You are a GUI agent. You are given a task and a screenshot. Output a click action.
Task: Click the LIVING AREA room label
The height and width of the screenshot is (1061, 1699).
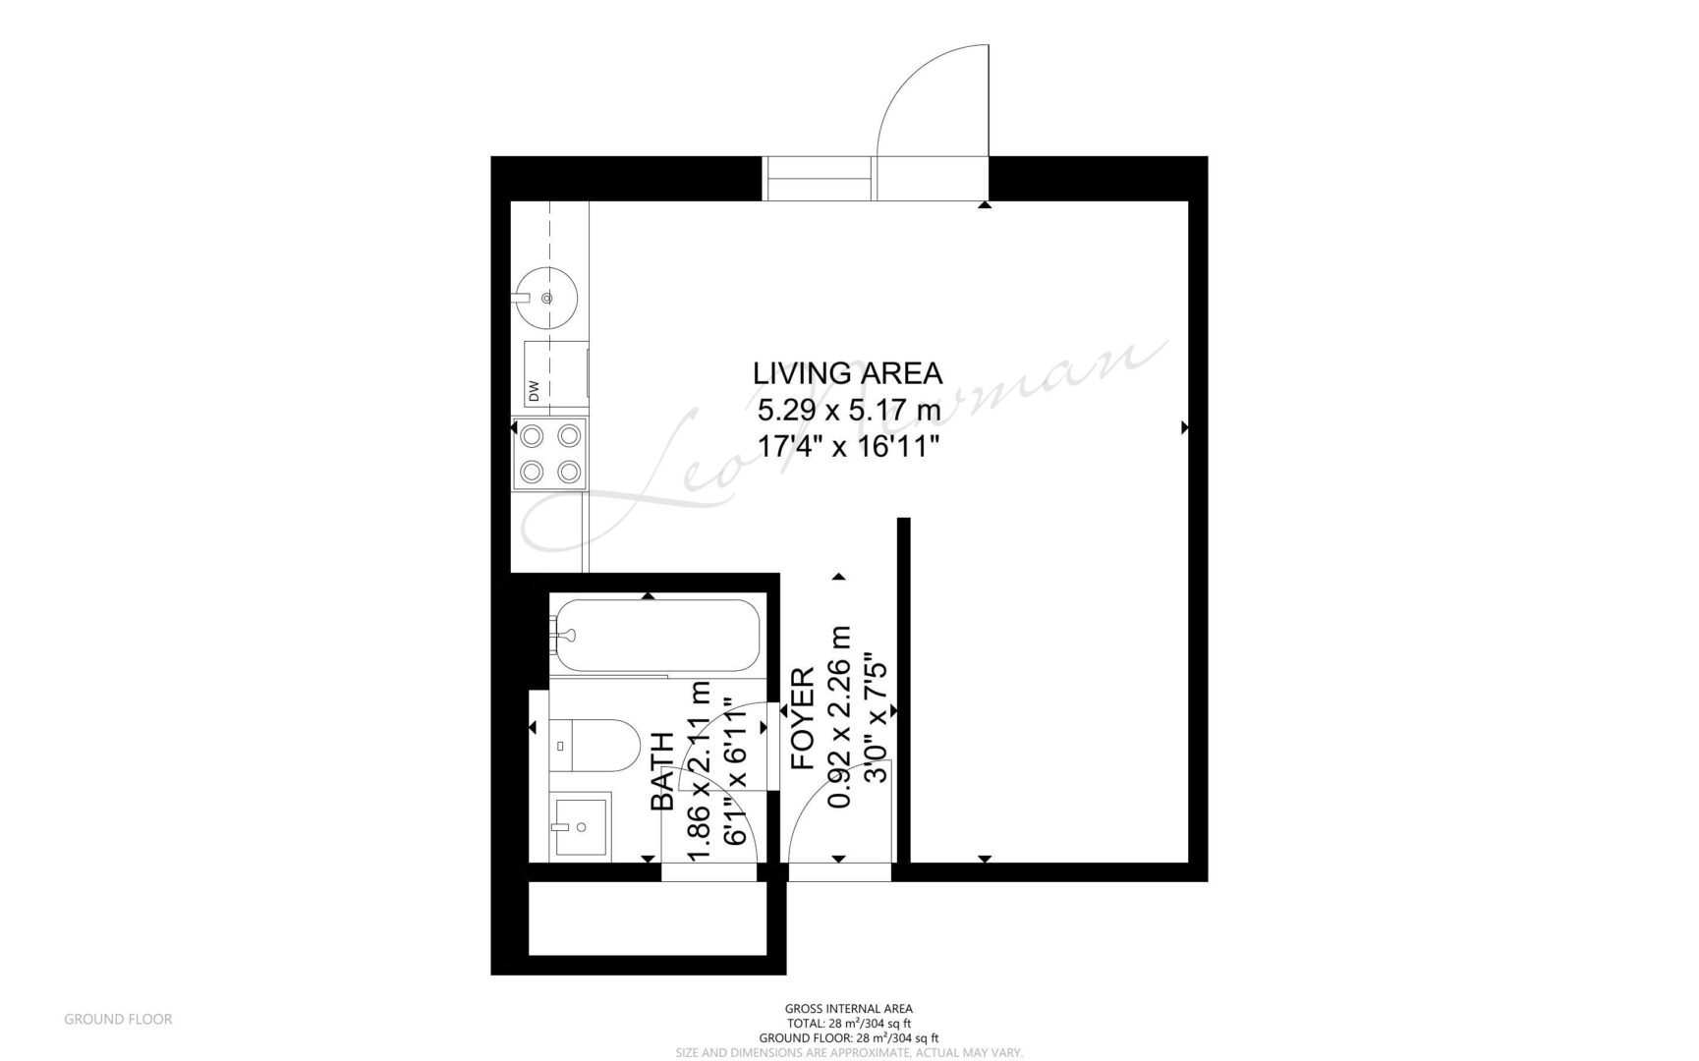[x=847, y=373]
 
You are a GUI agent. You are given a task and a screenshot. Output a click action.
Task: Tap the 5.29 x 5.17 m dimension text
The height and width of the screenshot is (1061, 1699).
[x=849, y=409]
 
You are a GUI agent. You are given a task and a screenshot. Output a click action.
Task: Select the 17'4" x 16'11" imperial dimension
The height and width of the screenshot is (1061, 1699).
[x=849, y=445]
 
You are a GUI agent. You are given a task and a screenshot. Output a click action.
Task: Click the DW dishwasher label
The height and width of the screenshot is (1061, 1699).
[x=535, y=390]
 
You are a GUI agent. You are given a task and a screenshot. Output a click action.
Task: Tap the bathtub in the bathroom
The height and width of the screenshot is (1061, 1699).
[x=654, y=636]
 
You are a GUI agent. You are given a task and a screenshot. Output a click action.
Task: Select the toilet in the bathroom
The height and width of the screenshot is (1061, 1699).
[x=595, y=747]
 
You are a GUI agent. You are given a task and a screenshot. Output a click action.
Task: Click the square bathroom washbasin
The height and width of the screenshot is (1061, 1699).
[x=580, y=826]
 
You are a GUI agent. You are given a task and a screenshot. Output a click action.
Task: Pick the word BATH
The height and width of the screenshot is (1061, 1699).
[x=663, y=772]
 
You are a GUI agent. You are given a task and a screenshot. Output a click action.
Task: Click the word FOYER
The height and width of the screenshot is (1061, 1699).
[x=803, y=718]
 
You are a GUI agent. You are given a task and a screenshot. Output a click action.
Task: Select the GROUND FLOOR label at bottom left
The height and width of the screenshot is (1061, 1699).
[x=118, y=1019]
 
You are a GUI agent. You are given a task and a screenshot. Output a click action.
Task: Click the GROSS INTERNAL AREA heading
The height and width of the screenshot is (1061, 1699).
[x=849, y=1008]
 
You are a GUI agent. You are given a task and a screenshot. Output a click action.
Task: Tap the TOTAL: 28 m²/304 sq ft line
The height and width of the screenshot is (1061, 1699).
[x=849, y=1023]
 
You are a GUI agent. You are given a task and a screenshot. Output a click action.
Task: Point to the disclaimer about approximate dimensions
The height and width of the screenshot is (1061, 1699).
[x=849, y=1052]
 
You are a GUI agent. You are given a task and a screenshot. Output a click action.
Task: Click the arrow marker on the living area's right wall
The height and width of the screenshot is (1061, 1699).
[x=1184, y=427]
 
